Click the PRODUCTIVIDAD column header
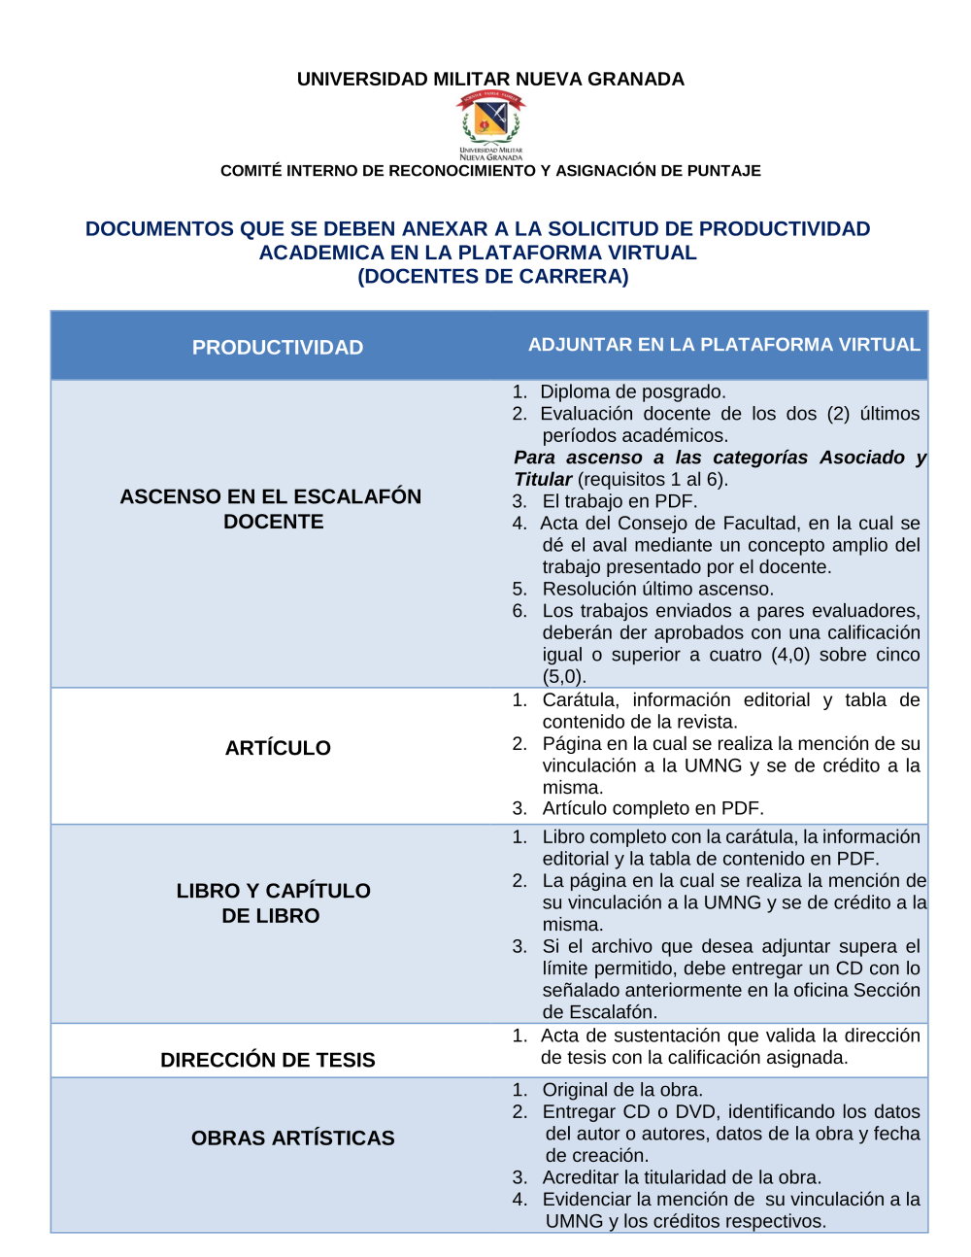tap(278, 348)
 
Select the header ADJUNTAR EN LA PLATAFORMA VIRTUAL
tap(723, 345)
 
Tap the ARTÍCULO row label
tap(278, 748)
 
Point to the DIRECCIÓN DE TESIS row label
tap(268, 1060)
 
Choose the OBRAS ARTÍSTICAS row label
tap(292, 1138)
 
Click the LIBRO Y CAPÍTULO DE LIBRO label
tap(273, 903)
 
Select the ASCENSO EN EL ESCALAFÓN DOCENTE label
tap(271, 509)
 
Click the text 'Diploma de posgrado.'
tap(632, 391)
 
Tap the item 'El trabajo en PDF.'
tap(619, 501)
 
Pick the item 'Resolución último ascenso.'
tap(657, 589)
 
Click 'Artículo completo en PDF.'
tap(653, 808)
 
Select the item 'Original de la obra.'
tap(622, 1090)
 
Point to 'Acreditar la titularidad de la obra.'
tap(682, 1177)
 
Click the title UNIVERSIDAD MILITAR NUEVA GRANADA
tap(490, 80)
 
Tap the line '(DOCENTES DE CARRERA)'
tap(493, 277)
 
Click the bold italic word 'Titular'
tap(543, 479)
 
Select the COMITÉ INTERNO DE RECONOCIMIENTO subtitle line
tap(490, 171)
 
